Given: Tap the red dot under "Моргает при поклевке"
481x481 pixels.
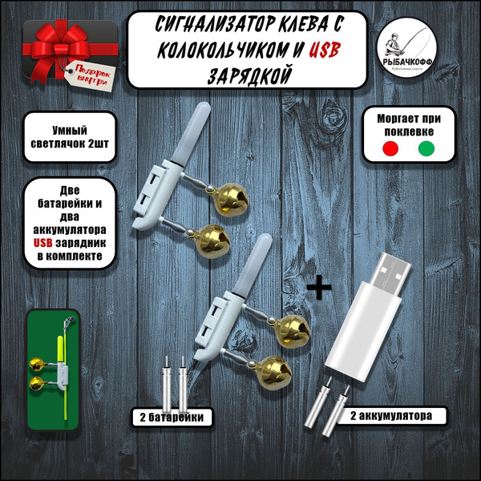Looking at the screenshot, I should pos(390,150).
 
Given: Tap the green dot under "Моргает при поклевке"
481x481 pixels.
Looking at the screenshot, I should pos(425,150).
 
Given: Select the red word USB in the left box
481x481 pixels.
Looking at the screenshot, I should pos(46,243).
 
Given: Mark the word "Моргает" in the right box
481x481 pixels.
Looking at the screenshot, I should pos(394,117).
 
